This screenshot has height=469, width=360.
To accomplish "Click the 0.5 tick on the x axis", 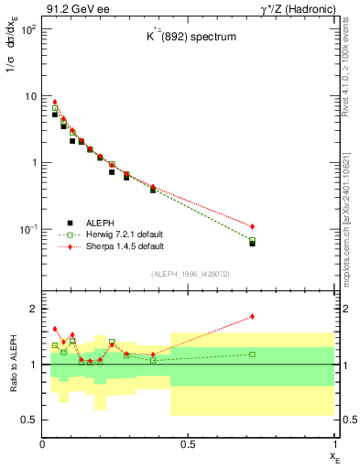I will tap(189, 444).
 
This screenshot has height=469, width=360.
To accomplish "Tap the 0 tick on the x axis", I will tap(42, 444).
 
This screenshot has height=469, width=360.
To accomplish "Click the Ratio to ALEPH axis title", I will tap(12, 364).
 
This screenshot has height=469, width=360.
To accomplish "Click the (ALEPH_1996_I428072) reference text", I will tap(188, 275).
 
